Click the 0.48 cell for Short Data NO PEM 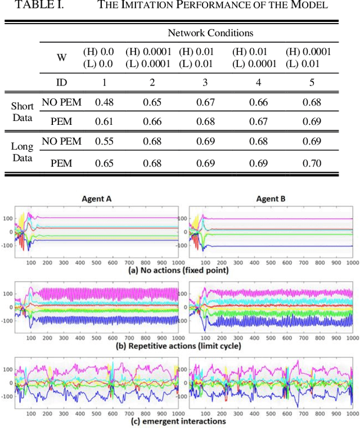(x=103, y=102)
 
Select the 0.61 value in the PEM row (x=103, y=121)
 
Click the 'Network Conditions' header (x=210, y=33)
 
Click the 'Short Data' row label (x=22, y=111)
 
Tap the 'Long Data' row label (x=22, y=152)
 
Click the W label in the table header (x=61, y=57)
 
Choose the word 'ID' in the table (x=61, y=82)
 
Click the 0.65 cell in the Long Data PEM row (x=103, y=164)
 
